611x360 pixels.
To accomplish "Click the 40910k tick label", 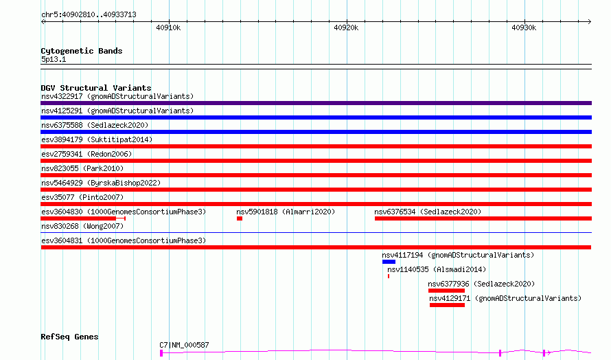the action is tap(168, 27).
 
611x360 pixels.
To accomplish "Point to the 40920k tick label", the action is tap(346, 27).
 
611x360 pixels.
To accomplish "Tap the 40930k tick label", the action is tap(524, 27).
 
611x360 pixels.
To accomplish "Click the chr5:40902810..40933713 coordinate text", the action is tap(89, 15).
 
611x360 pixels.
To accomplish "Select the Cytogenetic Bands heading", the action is tap(82, 51).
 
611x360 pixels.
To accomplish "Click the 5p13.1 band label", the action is tap(54, 59).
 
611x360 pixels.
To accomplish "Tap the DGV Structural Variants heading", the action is tap(96, 88).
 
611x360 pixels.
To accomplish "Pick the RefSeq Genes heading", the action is tap(69, 337).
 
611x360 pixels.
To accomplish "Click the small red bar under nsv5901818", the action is tap(240, 218).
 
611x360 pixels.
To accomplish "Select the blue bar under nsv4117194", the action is tap(389, 262).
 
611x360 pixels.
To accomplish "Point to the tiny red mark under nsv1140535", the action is tap(389, 276).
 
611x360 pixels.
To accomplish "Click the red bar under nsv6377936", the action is tap(446, 291).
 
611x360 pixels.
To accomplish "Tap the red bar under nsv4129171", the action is tap(448, 305).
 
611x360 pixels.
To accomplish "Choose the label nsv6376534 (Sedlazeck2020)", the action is tap(428, 212).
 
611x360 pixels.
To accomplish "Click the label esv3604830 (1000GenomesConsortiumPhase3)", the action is tap(124, 212).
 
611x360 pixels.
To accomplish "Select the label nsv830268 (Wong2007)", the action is tap(82, 226).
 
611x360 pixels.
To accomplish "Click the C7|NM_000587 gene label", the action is tap(184, 345).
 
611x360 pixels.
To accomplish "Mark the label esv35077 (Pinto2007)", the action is tap(82, 197).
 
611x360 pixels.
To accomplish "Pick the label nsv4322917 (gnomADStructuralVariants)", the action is tap(117, 96).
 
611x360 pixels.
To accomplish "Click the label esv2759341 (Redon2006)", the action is tap(87, 154).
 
